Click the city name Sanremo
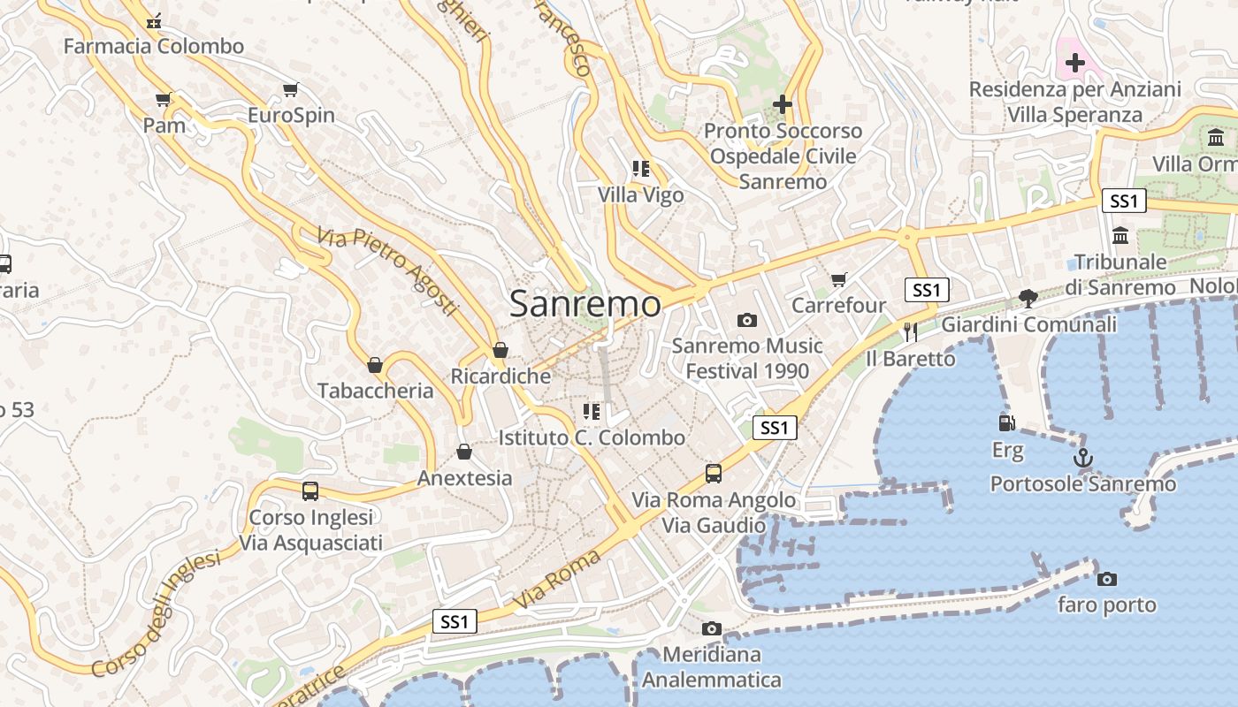point(585,304)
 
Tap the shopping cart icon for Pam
point(163,99)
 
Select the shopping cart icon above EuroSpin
point(290,89)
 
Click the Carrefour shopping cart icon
point(838,280)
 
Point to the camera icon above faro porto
point(1106,580)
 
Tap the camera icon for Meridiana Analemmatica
point(711,629)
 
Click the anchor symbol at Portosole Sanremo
point(1082,459)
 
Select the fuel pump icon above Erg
point(1006,424)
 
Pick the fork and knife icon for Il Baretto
point(911,332)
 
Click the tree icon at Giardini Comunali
point(1028,298)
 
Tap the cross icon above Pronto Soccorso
point(782,104)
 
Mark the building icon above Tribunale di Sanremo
point(1121,236)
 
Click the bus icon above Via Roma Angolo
point(714,474)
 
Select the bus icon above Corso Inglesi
point(310,491)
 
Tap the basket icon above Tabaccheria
point(375,365)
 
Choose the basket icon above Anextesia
point(464,452)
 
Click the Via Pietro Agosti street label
point(388,271)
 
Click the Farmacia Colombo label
point(154,46)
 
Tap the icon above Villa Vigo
point(640,169)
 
